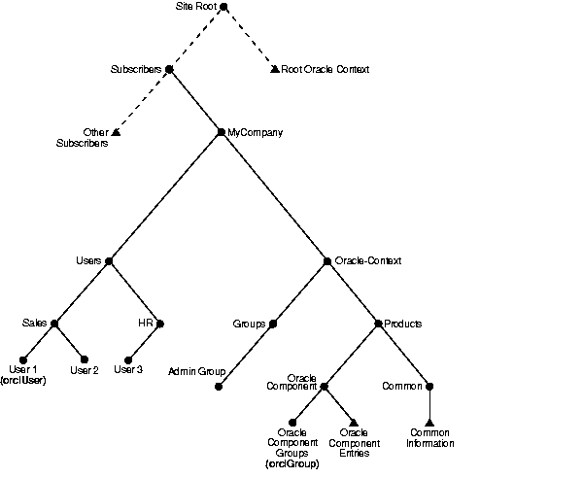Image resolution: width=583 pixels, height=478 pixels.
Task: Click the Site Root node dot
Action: click(223, 7)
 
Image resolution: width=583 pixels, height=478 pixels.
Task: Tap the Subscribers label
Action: click(136, 70)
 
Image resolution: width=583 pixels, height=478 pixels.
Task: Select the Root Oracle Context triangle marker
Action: click(274, 69)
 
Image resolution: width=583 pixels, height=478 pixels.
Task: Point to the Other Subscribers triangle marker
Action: click(115, 132)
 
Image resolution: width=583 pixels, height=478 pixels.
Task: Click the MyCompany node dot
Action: click(221, 132)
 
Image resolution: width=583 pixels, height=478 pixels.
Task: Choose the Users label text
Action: click(88, 260)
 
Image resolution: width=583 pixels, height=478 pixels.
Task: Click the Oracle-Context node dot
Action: click(327, 260)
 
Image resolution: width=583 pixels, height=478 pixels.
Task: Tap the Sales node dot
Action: click(54, 324)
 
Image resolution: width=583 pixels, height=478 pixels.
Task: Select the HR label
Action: click(144, 324)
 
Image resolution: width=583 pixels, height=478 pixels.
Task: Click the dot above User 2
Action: click(84, 359)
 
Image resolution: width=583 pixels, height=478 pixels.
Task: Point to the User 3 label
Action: click(128, 369)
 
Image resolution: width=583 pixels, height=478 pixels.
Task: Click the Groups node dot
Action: click(273, 324)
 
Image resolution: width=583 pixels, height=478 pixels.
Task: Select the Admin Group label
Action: click(197, 371)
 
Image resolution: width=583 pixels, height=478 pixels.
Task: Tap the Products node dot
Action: click(377, 324)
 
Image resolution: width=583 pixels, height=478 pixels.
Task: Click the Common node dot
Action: click(429, 386)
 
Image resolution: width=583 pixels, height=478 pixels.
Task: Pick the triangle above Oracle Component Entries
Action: click(355, 422)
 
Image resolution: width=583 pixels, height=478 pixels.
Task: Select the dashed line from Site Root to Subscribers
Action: click(196, 38)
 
